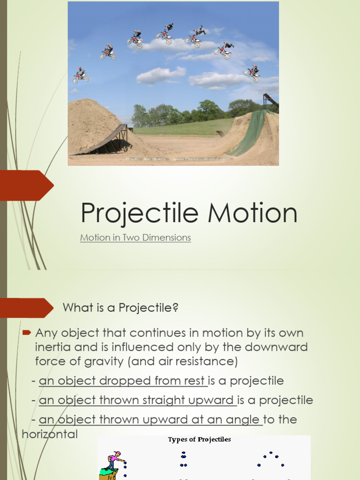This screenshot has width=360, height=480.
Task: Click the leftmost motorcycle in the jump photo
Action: click(x=80, y=75)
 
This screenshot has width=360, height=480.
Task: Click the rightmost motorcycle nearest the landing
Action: click(x=252, y=73)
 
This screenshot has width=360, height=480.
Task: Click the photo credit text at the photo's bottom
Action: click(x=178, y=159)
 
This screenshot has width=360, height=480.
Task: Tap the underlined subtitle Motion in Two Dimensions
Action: click(x=135, y=238)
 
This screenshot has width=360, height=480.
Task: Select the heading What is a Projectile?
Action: click(x=120, y=308)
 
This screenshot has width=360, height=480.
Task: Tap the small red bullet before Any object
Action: click(x=27, y=333)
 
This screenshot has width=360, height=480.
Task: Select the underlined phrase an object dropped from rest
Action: click(x=123, y=381)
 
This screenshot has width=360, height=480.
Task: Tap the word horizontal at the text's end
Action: click(x=50, y=434)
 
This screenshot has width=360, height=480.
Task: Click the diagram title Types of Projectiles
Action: click(x=200, y=440)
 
